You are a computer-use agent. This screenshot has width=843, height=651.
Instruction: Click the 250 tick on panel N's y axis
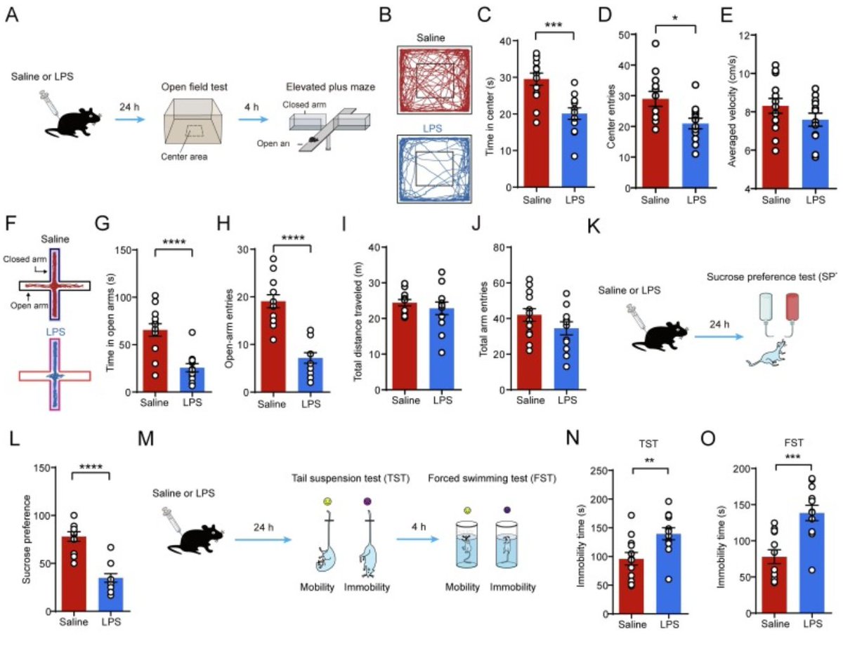(x=598, y=471)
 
